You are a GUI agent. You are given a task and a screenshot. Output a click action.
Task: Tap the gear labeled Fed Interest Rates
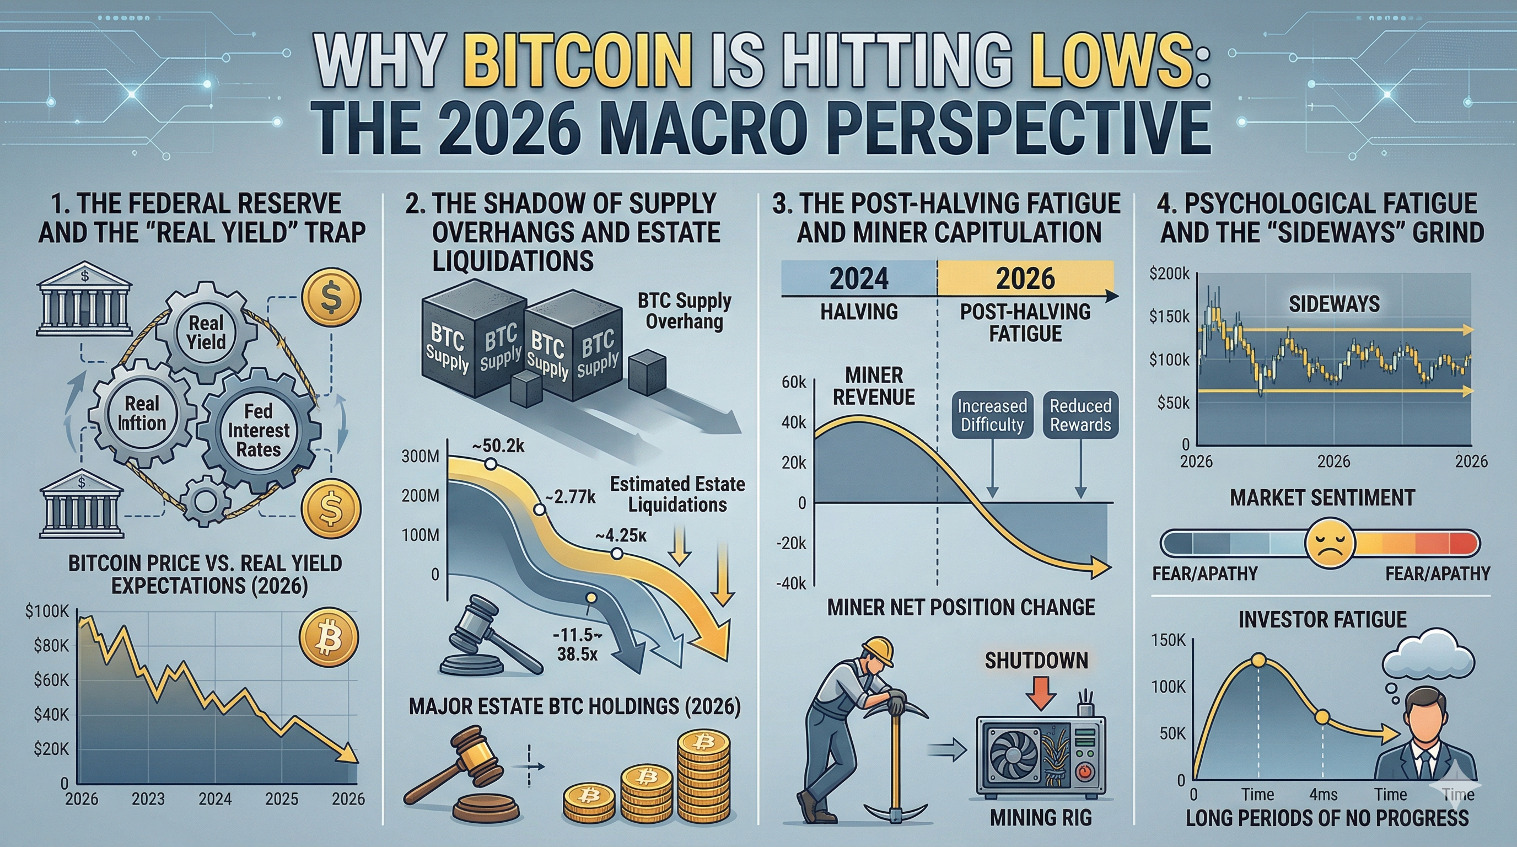pyautogui.click(x=258, y=430)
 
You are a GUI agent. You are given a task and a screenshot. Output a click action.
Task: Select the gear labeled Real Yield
pyautogui.click(x=206, y=331)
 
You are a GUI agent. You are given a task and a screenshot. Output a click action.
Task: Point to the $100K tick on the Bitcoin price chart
pyautogui.click(x=47, y=612)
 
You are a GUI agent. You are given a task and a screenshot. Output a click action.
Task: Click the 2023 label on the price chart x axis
pyautogui.click(x=148, y=798)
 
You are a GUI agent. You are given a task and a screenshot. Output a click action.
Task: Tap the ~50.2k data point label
pyautogui.click(x=498, y=446)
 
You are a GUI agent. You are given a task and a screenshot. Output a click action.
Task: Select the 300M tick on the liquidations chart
pyautogui.click(x=421, y=457)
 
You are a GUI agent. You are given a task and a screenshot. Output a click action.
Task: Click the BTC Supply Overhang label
pyautogui.click(x=684, y=311)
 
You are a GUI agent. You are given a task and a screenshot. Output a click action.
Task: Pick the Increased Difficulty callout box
pyautogui.click(x=992, y=415)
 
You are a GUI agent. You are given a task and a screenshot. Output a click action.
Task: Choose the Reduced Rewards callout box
pyautogui.click(x=1080, y=415)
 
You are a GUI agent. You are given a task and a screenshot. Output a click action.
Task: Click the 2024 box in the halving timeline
pyautogui.click(x=859, y=278)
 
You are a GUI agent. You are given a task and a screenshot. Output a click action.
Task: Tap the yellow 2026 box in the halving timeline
pyautogui.click(x=1025, y=278)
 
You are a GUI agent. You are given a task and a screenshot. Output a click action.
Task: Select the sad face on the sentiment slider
pyautogui.click(x=1330, y=543)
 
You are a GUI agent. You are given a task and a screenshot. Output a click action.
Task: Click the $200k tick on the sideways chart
pyautogui.click(x=1170, y=274)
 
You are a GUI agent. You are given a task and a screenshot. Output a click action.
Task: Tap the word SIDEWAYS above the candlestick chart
pyautogui.click(x=1334, y=304)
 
